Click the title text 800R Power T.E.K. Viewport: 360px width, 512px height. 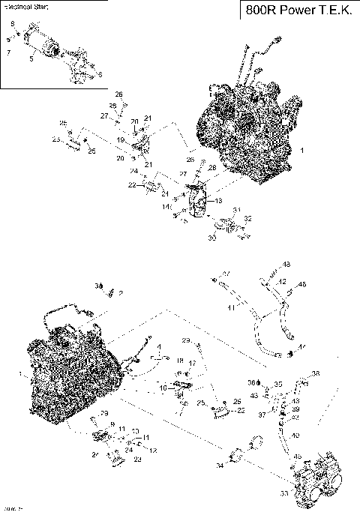point(298,10)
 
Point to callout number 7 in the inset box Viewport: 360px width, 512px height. point(8,53)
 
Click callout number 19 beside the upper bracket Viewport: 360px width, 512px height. point(120,140)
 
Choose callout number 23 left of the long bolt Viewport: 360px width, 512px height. point(55,139)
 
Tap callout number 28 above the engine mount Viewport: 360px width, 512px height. point(212,166)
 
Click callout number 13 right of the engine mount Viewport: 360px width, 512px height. point(219,201)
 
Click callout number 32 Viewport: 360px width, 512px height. point(248,219)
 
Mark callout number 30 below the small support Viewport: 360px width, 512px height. point(211,238)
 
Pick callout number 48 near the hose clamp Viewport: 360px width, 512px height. point(286,265)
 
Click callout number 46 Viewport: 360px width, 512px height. point(302,285)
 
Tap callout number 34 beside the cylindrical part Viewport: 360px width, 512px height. point(220,466)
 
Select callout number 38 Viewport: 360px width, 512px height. point(316,373)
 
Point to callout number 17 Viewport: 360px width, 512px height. point(192,364)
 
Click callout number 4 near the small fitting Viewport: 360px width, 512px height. point(159,347)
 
